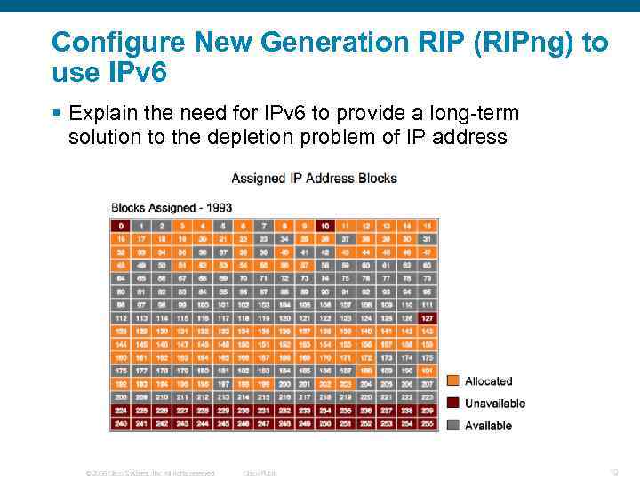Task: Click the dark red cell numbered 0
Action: (119, 226)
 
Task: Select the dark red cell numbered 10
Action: (324, 226)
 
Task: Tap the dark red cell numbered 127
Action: (427, 318)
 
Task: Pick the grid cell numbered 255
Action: (427, 424)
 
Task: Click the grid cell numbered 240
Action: (119, 424)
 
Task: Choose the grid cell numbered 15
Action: (427, 226)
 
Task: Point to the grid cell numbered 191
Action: (427, 371)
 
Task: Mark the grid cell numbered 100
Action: (201, 305)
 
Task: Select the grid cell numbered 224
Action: (119, 411)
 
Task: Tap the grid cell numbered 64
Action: (119, 278)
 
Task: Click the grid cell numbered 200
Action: (284, 384)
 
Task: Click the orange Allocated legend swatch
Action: (452, 381)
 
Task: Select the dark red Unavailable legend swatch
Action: (452, 404)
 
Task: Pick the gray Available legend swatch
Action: (452, 426)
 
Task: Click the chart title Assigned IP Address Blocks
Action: (314, 178)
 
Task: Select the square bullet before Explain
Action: (55, 114)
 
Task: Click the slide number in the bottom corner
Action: (614, 472)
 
